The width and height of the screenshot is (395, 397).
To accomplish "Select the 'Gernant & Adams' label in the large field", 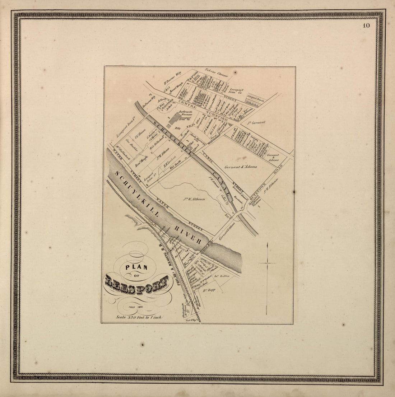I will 240,167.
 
